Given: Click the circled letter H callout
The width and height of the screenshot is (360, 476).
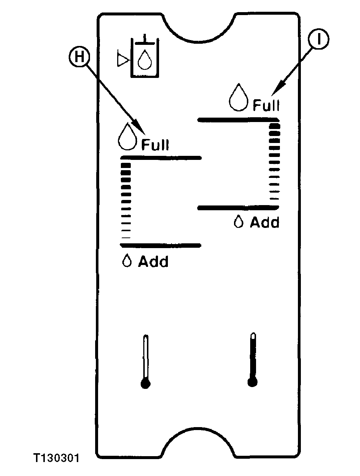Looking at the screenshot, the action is (79, 57).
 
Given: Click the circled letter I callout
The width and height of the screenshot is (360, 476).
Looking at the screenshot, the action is (318, 39).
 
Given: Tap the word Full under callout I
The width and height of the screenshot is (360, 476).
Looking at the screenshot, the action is (266, 105).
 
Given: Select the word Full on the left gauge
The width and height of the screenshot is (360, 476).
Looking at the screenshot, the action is (155, 144).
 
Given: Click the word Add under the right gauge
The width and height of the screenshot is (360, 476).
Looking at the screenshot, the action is (264, 222).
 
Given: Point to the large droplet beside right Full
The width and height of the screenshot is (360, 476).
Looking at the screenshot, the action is (238, 97).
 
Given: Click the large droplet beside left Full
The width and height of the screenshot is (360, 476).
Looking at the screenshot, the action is (127, 136).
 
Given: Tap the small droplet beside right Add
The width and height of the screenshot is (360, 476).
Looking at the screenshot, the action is (238, 221).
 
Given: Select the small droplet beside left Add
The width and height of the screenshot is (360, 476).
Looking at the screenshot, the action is (127, 261).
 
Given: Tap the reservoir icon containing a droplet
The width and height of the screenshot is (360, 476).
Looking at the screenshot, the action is (145, 58).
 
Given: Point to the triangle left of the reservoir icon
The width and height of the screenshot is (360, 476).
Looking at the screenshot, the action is (123, 58).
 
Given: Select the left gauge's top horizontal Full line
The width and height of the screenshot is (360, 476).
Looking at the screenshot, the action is (161, 158).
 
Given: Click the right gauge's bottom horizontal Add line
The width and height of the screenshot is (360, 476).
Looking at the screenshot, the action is (238, 208).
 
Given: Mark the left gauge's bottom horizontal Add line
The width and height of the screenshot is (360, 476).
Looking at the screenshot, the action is (161, 246).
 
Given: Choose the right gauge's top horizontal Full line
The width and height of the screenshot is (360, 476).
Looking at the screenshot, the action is (238, 120).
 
